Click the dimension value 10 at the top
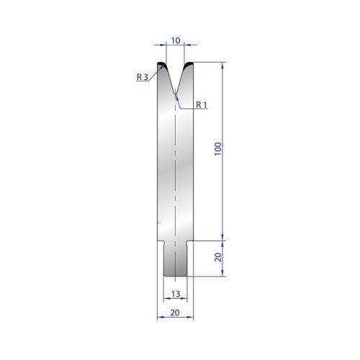[176, 40]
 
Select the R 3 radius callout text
[143, 77]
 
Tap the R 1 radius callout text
[202, 104]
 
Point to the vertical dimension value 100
[218, 149]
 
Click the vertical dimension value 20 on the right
[218, 258]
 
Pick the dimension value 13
[176, 294]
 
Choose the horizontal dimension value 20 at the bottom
[175, 312]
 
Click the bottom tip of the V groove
[176, 94]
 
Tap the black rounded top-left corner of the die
[161, 64]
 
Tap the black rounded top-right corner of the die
[189, 64]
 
